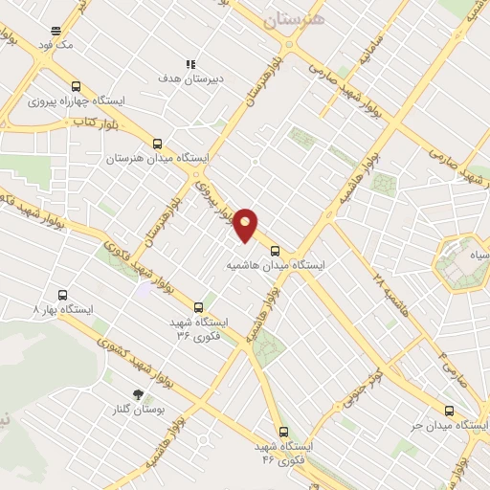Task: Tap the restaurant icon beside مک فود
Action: point(56,31)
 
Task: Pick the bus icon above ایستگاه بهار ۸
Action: point(63,296)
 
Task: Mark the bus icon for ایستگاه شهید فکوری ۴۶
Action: point(282,432)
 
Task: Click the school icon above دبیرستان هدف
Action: point(189,64)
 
